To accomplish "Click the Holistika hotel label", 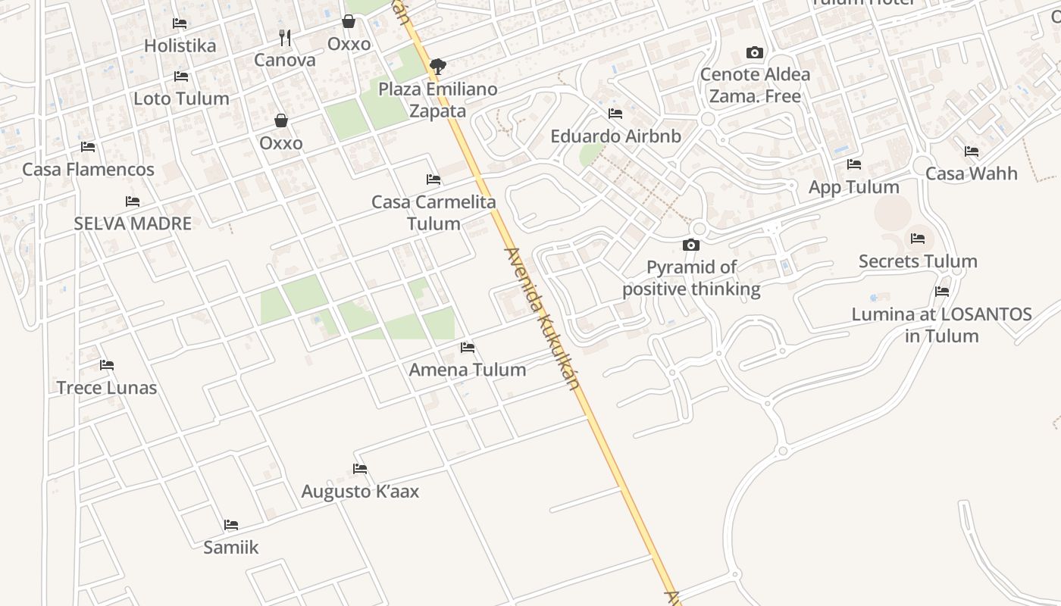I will click(x=180, y=45).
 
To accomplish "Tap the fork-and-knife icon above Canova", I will click(x=285, y=37).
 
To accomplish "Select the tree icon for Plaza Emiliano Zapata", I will click(x=437, y=67).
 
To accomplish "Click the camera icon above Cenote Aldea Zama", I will click(x=754, y=52).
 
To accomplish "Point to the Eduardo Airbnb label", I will click(x=615, y=136).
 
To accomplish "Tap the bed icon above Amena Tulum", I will click(x=468, y=348).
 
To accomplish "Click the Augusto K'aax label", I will click(x=360, y=492).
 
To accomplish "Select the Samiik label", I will click(x=231, y=547).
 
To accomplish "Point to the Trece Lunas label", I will click(x=107, y=388).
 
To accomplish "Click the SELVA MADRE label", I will click(x=133, y=223).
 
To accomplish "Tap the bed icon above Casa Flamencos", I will click(x=88, y=147).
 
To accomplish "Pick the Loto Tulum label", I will click(x=181, y=98).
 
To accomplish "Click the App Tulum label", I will click(x=854, y=187).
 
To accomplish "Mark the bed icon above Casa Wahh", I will click(x=972, y=151).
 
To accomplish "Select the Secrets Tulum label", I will click(x=918, y=261).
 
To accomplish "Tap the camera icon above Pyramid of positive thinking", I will click(x=691, y=245).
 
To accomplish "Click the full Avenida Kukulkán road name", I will click(x=542, y=318).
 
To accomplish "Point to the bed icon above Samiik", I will click(x=231, y=524).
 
